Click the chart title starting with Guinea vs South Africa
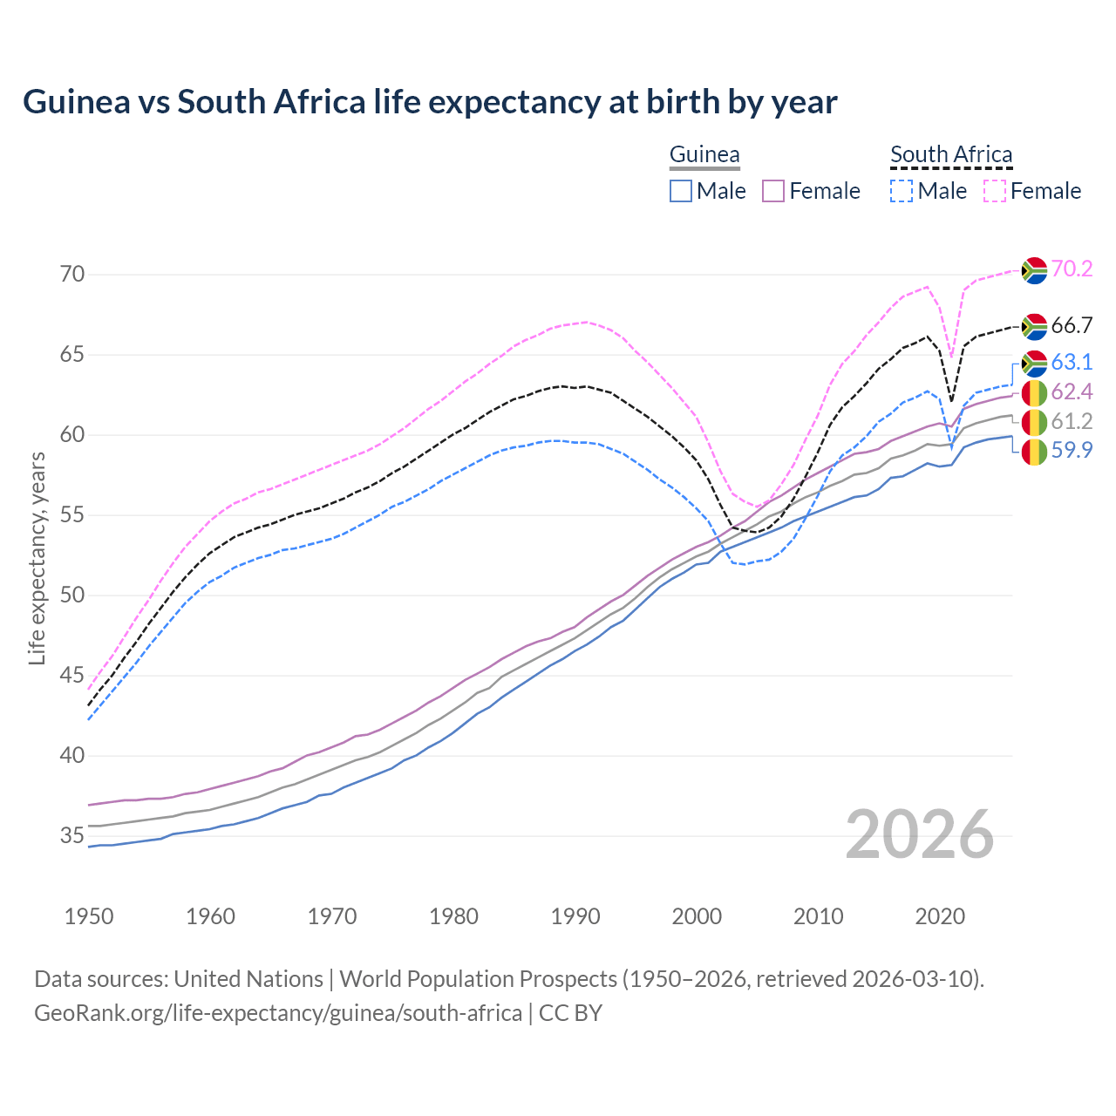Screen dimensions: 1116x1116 [x=430, y=102]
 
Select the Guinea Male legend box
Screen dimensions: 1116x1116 [x=681, y=191]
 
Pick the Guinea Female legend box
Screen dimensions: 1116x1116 [x=773, y=191]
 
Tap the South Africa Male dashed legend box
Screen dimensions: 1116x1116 [x=902, y=191]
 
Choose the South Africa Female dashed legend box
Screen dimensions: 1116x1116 [x=994, y=191]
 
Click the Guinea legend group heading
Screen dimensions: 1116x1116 [x=704, y=155]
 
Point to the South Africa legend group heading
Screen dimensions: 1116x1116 [x=951, y=155]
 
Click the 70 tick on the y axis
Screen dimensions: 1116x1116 [x=73, y=275]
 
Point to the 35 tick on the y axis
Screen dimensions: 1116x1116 [x=73, y=836]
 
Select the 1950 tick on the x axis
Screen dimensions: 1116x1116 [x=89, y=916]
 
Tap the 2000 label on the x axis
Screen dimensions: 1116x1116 [x=697, y=916]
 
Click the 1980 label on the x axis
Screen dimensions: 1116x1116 [x=453, y=916]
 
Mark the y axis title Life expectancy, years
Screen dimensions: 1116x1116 [x=37, y=558]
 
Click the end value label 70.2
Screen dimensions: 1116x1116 [x=1072, y=269]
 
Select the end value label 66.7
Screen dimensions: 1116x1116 [x=1072, y=326]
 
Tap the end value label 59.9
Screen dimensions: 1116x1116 [x=1072, y=451]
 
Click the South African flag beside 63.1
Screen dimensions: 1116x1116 [x=1034, y=363]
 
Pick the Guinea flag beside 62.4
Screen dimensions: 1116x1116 [x=1034, y=392]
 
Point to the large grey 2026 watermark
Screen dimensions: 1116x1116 [x=920, y=834]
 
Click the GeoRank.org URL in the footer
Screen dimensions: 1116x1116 [x=278, y=1013]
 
